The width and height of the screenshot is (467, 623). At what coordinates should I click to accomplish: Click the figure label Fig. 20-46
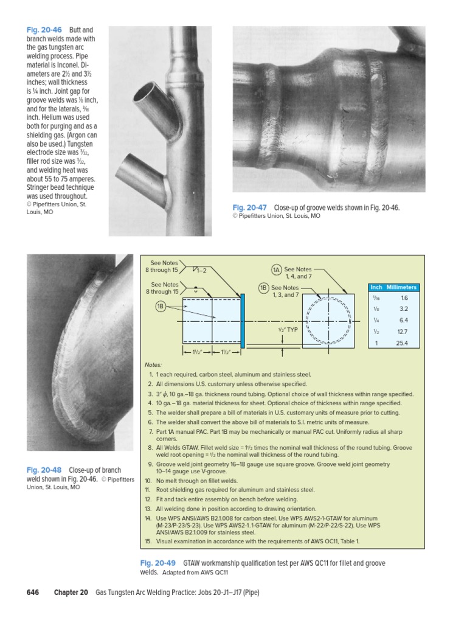[x=43, y=29]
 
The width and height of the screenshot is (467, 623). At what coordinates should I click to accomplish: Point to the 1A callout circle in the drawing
[x=277, y=270]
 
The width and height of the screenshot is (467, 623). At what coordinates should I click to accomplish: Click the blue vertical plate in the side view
[x=242, y=321]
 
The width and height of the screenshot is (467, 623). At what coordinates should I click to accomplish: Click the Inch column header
[x=376, y=287]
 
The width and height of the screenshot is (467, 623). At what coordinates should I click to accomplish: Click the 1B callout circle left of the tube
[x=161, y=306]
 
